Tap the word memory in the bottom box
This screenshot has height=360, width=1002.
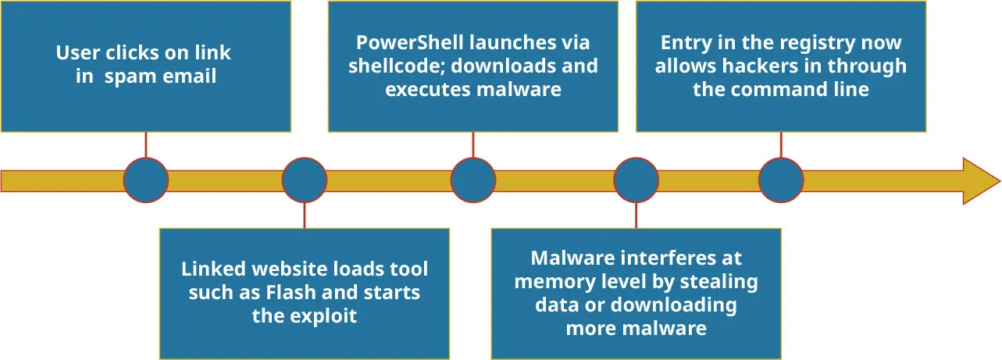click(x=549, y=281)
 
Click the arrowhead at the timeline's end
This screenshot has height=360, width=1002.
click(x=979, y=180)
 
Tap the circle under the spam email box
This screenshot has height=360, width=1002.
click(x=146, y=180)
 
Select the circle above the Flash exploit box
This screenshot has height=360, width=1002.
click(x=304, y=180)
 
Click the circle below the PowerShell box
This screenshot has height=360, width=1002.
click(x=473, y=180)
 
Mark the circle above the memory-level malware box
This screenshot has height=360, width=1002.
click(x=636, y=180)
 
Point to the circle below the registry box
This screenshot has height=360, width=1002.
click(x=781, y=180)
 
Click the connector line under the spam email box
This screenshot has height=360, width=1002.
click(x=146, y=144)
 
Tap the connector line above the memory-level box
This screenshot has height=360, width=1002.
click(x=636, y=216)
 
